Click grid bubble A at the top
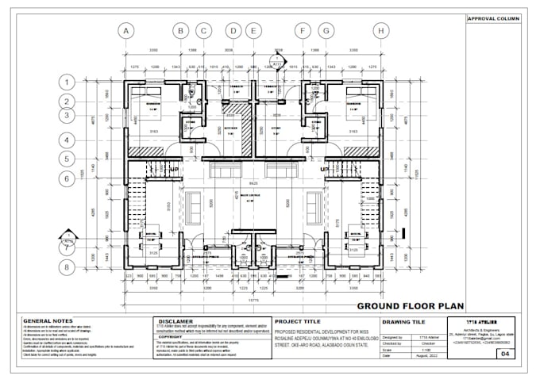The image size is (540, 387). tap(125, 31)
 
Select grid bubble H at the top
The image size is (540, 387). tap(383, 31)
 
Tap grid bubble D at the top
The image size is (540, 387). tap(233, 31)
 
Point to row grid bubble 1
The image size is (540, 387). tap(69, 82)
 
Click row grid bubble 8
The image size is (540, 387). tap(69, 267)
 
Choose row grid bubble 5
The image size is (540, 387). tap(69, 159)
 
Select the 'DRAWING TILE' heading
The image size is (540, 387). tap(403, 321)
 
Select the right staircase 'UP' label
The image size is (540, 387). tap(323, 169)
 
